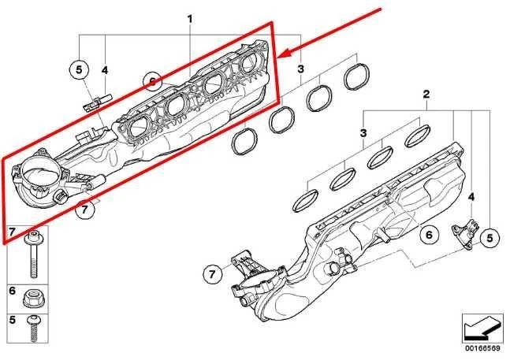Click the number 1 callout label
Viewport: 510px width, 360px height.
[189, 17]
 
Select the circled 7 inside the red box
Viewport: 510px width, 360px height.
[86, 210]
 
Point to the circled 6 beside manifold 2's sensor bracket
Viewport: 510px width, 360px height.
[429, 234]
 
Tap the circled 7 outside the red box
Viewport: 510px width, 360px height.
[210, 275]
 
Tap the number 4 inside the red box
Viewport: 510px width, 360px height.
[106, 71]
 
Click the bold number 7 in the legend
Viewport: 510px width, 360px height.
[12, 231]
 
